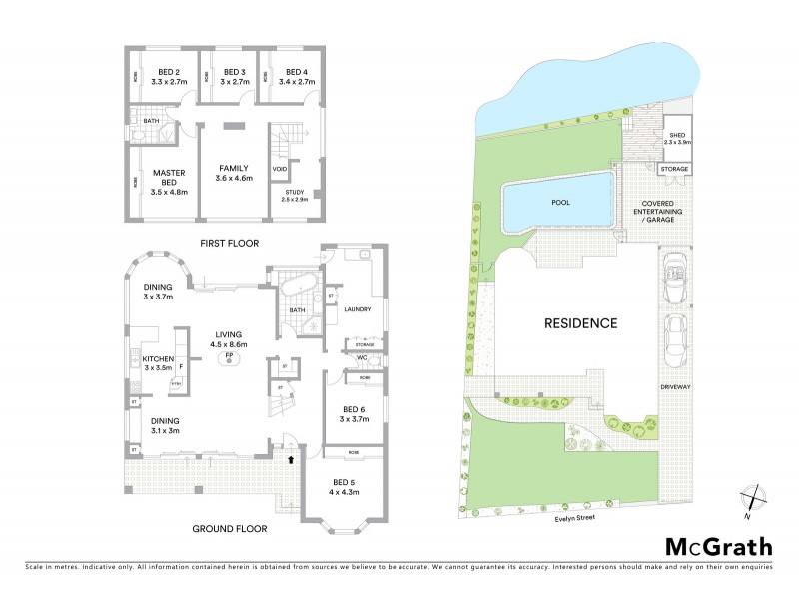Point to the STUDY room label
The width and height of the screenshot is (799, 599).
pyautogui.click(x=294, y=194)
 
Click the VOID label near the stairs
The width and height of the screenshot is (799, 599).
pyautogui.click(x=280, y=170)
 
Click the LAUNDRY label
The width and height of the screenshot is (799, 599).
pyautogui.click(x=357, y=310)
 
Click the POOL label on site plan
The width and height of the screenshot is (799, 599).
pyautogui.click(x=561, y=202)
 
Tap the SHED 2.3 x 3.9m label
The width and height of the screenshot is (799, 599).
pyautogui.click(x=677, y=138)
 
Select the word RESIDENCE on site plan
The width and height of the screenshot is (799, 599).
pyautogui.click(x=580, y=322)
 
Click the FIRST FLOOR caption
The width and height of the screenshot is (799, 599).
pyautogui.click(x=230, y=243)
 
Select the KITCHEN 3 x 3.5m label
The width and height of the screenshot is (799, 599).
pyautogui.click(x=160, y=364)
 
